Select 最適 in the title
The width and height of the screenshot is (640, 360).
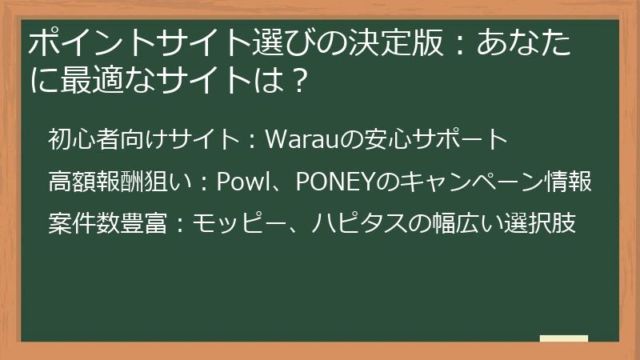tap(83, 80)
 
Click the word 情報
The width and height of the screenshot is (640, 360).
tap(571, 182)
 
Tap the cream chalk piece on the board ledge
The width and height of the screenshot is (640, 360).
tap(563, 338)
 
